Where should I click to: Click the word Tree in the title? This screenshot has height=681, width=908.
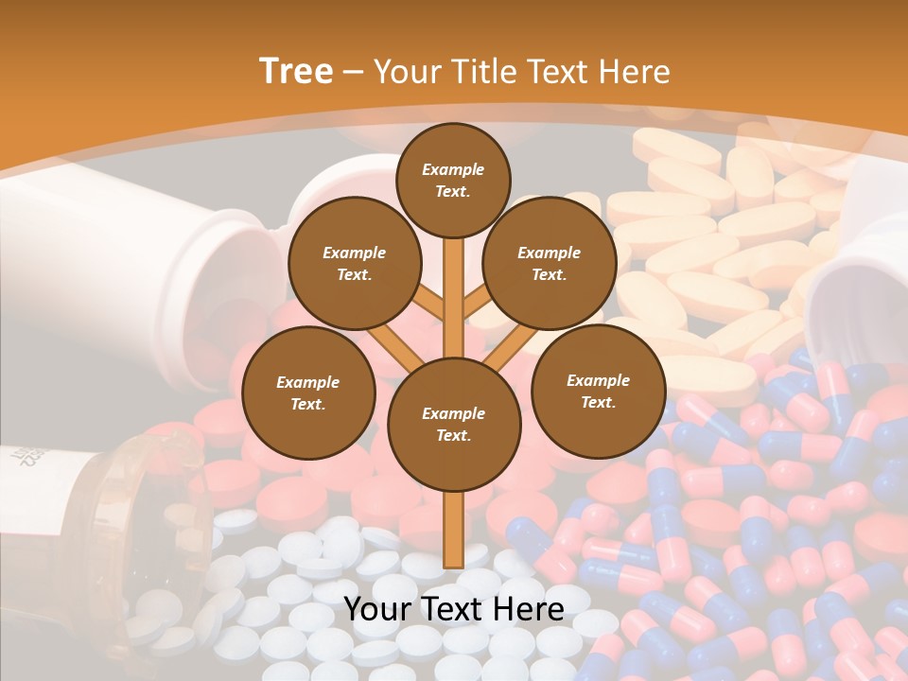(296, 72)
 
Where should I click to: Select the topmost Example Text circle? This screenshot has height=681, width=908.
(453, 180)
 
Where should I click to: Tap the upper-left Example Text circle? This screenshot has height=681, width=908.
(355, 263)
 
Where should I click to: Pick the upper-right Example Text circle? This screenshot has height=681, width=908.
(550, 263)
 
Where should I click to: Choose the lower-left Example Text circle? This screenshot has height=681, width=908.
(308, 393)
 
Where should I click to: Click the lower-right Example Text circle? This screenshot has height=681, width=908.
(598, 391)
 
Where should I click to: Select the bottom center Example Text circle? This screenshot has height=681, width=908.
(454, 424)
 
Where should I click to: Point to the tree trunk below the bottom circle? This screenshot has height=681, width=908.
(454, 530)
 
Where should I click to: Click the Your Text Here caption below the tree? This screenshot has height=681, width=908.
(454, 608)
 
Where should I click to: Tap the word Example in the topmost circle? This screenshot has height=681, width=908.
(453, 169)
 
